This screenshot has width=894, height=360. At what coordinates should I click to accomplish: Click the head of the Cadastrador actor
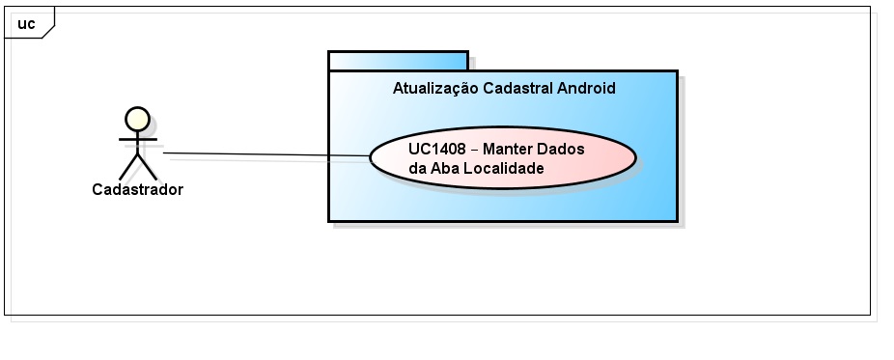(137, 118)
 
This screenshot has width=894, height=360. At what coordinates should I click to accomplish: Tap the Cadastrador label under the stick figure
(137, 189)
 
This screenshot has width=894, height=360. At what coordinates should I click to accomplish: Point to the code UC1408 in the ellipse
(437, 149)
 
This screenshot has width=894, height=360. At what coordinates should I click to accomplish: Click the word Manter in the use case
(504, 149)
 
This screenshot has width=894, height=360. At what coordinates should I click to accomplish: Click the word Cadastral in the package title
(517, 88)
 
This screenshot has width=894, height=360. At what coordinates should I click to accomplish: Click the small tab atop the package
(398, 60)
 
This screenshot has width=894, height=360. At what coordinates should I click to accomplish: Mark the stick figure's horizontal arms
(137, 140)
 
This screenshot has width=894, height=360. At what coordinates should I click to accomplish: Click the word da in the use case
(417, 168)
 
